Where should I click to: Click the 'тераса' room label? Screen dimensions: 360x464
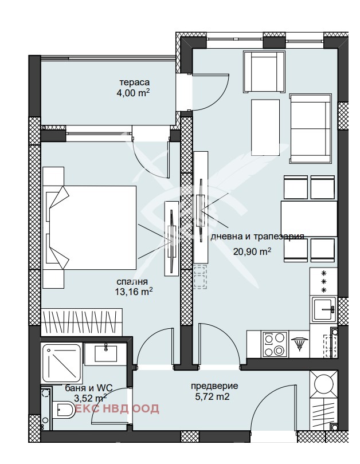134,82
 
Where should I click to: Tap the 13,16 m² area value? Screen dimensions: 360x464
134,292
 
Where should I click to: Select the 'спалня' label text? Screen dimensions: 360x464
132,282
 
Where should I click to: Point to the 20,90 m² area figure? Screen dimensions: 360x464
252,251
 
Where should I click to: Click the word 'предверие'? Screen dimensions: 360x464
214,386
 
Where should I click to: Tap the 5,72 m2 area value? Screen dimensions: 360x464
212,396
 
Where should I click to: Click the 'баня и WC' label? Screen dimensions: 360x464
89,388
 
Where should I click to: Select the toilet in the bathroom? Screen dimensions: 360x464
65,410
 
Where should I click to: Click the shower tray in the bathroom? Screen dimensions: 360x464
61,363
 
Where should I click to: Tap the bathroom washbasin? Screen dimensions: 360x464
105,353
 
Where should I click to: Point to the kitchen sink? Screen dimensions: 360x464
324,309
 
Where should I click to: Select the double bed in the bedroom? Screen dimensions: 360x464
89,227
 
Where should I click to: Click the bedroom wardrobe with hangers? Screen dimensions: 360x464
81,322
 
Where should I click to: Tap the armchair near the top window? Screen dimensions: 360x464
264,72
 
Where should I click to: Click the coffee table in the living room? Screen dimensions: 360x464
265,128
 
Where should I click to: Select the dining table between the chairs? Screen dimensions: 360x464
309,219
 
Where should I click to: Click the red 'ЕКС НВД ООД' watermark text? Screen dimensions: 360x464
118,408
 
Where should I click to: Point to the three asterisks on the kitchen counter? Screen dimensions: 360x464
324,281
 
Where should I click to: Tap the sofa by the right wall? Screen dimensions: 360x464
310,128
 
